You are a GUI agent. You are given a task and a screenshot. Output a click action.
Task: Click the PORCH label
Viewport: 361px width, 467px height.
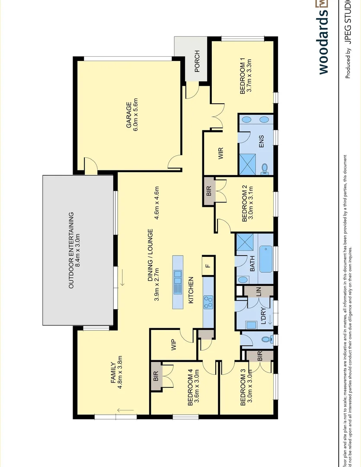[x=197, y=61]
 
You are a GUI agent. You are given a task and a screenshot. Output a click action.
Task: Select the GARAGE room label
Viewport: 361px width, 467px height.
[x=128, y=115]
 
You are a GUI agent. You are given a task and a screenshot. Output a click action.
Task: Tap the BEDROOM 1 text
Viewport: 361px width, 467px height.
[x=243, y=77]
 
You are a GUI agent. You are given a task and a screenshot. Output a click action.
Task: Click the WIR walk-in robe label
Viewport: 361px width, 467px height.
[x=220, y=153]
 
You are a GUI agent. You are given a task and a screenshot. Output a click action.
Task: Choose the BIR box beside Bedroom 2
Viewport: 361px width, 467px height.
[x=208, y=191]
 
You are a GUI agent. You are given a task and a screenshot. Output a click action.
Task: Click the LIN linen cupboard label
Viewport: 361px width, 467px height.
[x=259, y=291]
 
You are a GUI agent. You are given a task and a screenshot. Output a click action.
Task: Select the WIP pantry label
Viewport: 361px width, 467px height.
[x=174, y=345]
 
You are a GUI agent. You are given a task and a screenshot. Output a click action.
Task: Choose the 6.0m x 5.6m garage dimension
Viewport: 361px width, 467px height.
[x=136, y=115]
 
